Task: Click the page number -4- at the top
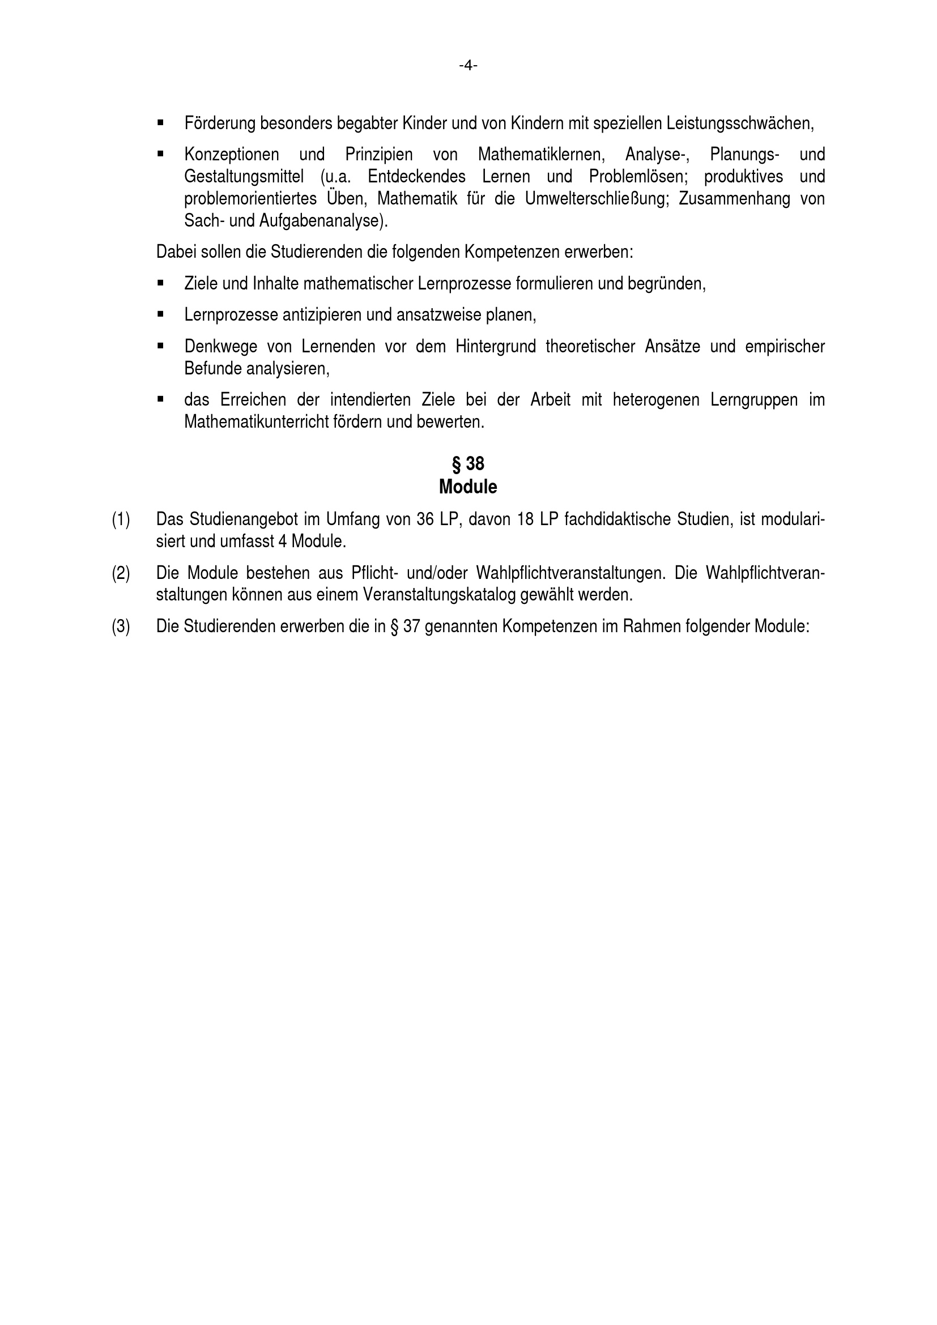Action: pyautogui.click(x=468, y=66)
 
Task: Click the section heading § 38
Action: pyautogui.click(x=468, y=463)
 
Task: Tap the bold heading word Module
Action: pyautogui.click(x=468, y=487)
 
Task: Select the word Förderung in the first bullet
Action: pyautogui.click(x=220, y=123)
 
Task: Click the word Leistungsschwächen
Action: pyautogui.click(x=740, y=123)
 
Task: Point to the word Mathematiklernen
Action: pyautogui.click(x=541, y=155)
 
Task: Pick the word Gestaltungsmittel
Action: pyautogui.click(x=244, y=177)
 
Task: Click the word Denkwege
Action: pyautogui.click(x=220, y=346)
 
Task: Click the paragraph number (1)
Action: pyautogui.click(x=121, y=520)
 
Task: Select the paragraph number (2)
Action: pyautogui.click(x=121, y=573)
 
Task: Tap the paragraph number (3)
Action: pyautogui.click(x=121, y=627)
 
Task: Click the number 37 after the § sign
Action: pyautogui.click(x=411, y=627)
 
